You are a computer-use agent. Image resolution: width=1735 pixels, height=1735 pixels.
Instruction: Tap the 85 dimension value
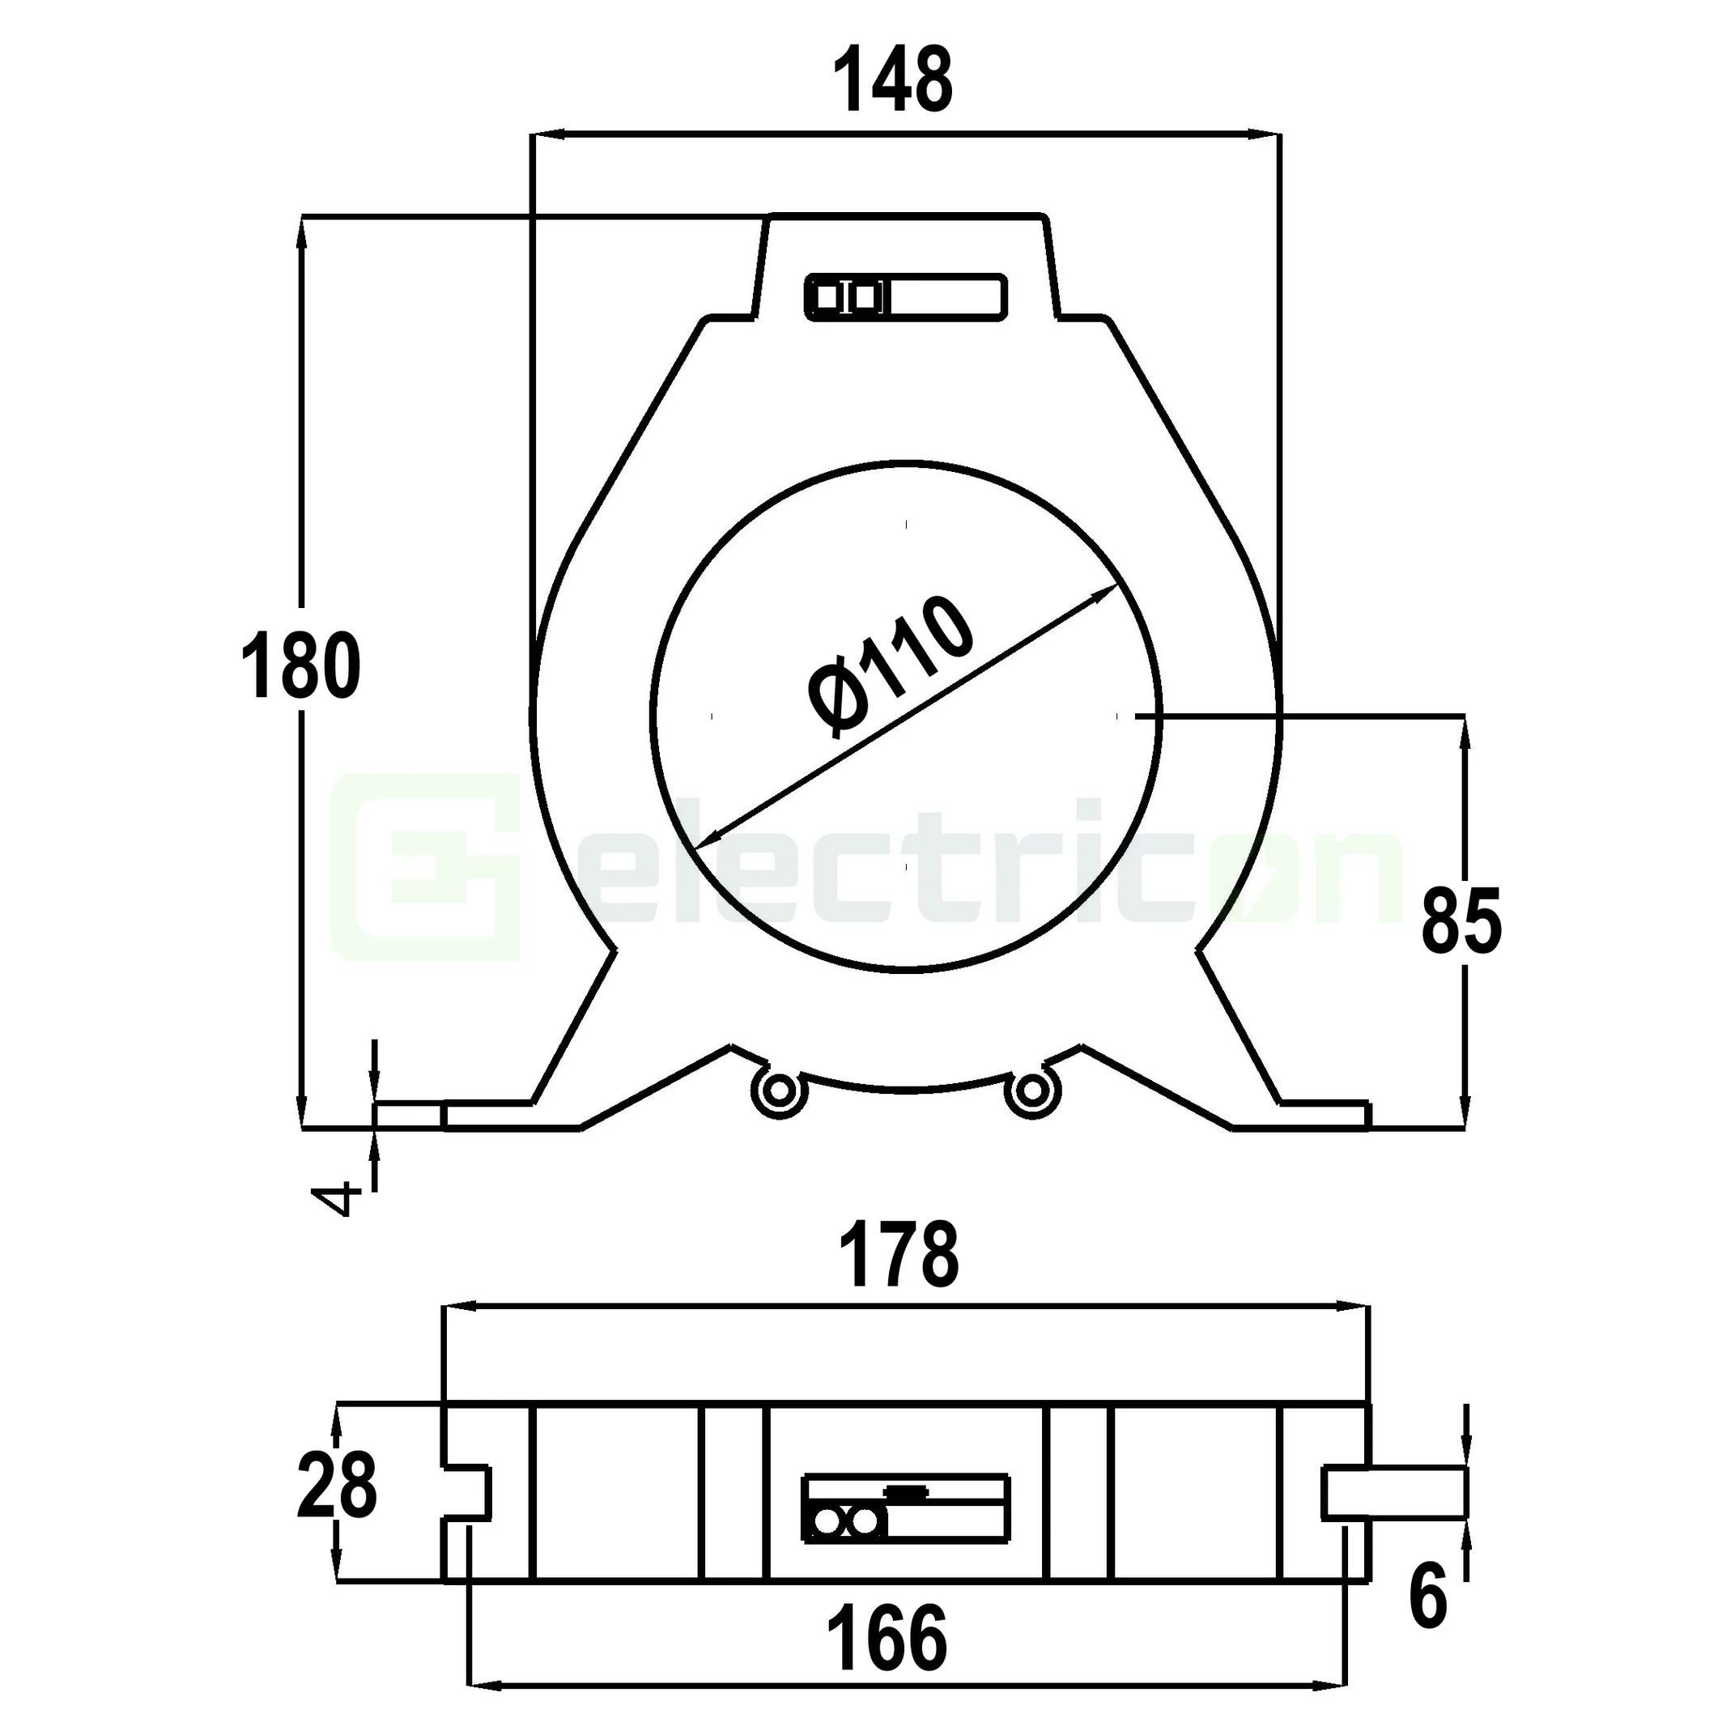(1461, 921)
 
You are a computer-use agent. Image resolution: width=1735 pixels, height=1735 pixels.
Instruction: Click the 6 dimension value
(1428, 1597)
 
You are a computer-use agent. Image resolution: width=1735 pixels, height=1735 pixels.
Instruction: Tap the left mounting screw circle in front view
(778, 1092)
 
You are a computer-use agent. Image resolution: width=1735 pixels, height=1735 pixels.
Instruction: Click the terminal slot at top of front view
(905, 296)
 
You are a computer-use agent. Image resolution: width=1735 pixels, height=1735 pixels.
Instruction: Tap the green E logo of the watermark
(427, 868)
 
